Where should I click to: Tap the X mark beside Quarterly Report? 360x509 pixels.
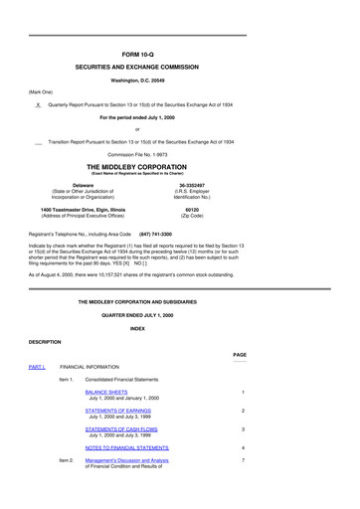point(37,104)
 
